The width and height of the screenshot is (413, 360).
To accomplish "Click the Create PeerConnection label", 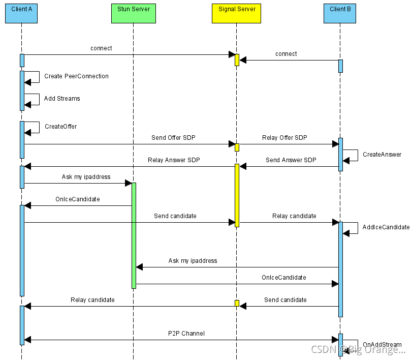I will (x=76, y=76).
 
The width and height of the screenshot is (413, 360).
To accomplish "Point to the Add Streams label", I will (x=62, y=99).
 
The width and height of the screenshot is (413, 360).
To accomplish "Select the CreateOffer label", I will (x=60, y=127).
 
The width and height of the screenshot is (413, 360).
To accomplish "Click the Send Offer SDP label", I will (x=173, y=138).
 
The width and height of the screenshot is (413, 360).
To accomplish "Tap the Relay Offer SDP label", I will (x=284, y=138).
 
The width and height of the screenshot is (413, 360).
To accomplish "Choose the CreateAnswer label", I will (x=382, y=155).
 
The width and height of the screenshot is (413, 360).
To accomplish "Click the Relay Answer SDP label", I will (x=174, y=160).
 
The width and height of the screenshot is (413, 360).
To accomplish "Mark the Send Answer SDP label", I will (x=291, y=160).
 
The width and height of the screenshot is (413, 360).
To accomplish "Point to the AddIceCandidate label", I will (x=386, y=227).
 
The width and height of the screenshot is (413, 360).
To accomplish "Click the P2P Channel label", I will (x=186, y=334).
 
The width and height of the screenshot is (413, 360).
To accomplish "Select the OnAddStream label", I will (x=382, y=345).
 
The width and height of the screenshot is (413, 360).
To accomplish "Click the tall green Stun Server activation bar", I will (x=134, y=235).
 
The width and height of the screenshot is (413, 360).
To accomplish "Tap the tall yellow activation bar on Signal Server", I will (x=237, y=195).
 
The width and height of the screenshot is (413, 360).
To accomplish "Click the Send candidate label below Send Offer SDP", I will (x=175, y=216).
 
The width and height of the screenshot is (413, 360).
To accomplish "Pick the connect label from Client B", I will (x=286, y=54).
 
